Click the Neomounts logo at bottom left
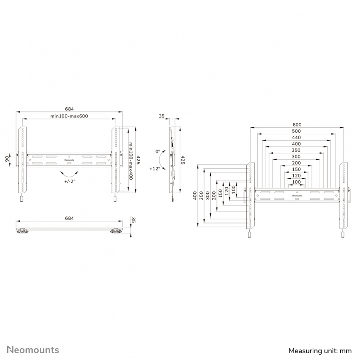point(33,350)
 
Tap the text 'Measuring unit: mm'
point(320,351)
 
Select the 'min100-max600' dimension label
point(69,116)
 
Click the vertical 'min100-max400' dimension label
point(131,161)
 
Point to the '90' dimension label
point(7,159)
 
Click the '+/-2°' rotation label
point(70,181)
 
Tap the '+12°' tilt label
point(155,169)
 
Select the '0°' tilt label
point(158,152)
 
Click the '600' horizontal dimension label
point(297,125)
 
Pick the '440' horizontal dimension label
point(296,137)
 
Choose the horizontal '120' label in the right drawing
point(296,175)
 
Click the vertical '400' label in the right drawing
point(195,196)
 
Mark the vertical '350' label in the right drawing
point(201,196)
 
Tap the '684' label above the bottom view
point(69,218)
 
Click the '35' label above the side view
point(161,116)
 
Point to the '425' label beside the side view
point(183,160)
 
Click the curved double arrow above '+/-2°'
point(69,174)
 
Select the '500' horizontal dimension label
point(296,131)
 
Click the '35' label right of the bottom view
point(134,220)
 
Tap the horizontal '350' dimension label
point(296,150)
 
